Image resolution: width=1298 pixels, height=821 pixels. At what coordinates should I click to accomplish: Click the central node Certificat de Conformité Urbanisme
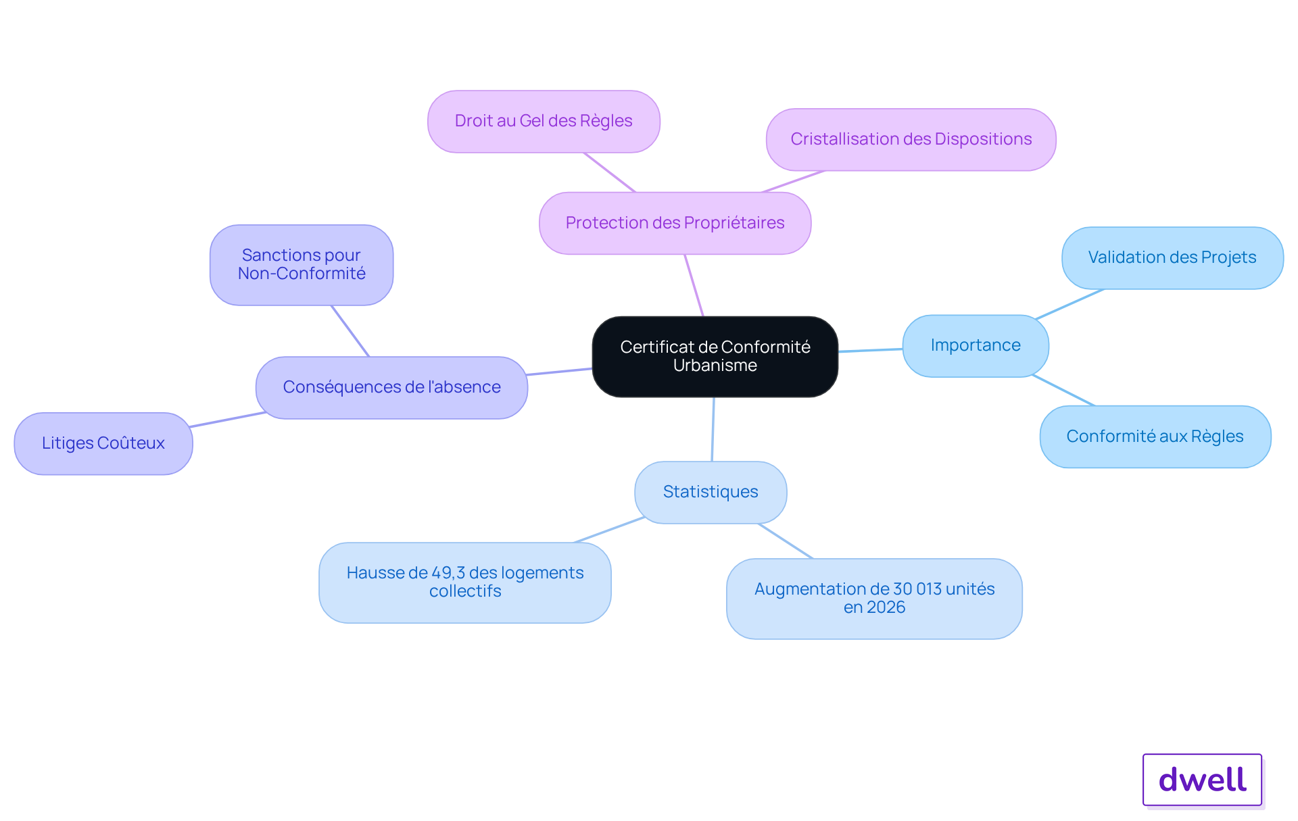point(715,356)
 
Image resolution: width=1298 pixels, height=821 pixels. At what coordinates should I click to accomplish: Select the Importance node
point(976,345)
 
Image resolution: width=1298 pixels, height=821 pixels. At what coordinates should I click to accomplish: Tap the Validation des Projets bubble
point(1172,257)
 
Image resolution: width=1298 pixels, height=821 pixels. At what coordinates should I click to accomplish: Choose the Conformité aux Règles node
point(1155,437)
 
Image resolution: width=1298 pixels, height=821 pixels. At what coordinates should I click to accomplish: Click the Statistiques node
point(711,492)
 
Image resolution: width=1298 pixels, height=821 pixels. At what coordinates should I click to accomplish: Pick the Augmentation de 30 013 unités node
point(874,598)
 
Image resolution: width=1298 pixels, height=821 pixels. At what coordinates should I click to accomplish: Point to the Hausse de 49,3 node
point(465,582)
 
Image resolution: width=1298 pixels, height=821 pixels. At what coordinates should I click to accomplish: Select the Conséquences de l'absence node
point(391,387)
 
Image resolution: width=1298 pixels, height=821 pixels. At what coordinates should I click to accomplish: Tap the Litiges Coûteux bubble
point(103,443)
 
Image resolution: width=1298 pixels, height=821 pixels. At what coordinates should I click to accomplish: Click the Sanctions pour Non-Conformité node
point(302,265)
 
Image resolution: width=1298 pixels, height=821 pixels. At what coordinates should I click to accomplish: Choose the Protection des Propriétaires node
point(675,223)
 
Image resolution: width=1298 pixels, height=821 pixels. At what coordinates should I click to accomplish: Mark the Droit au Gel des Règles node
point(544,122)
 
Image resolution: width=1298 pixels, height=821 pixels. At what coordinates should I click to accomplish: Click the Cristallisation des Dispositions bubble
point(911,139)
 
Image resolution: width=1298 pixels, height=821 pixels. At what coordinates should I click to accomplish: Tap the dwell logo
point(1203,780)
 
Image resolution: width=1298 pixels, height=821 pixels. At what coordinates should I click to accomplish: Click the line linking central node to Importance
point(871,350)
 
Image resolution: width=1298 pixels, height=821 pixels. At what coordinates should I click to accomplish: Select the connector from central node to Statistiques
point(713,429)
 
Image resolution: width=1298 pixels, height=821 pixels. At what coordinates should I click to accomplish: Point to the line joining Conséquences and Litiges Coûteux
point(228,420)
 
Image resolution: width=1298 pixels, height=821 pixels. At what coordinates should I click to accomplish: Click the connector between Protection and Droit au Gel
point(610,172)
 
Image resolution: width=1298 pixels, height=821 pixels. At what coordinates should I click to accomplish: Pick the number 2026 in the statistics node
point(886,607)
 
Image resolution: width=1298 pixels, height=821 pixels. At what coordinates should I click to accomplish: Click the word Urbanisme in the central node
point(715,366)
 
